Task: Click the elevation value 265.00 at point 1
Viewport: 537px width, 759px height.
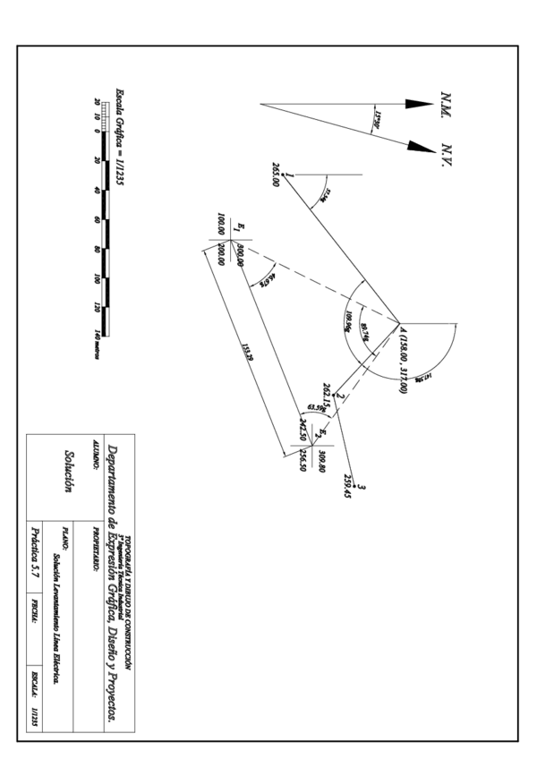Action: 276,175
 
